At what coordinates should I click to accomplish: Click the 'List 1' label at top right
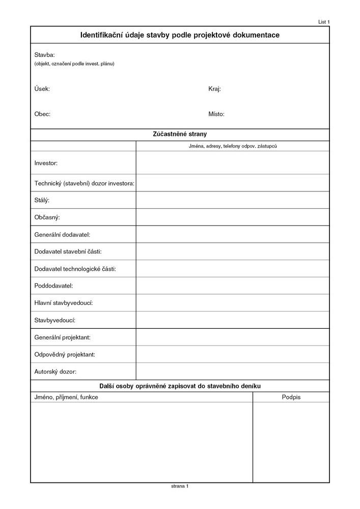tap(324, 22)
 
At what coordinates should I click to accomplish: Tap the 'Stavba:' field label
tap(44, 54)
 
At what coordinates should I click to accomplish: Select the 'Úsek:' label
tap(42, 89)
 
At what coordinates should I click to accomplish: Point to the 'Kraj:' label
tap(214, 89)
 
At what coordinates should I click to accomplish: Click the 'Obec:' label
tap(42, 114)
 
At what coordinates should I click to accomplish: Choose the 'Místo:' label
tap(216, 114)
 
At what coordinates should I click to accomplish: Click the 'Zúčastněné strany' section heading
tap(180, 134)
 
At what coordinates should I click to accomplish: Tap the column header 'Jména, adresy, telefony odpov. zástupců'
tap(232, 146)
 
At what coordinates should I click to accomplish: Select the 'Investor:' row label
tap(46, 163)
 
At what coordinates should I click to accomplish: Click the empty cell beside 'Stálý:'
tap(233, 200)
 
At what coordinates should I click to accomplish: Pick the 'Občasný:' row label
tap(47, 217)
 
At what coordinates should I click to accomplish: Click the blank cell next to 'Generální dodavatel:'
tap(233, 234)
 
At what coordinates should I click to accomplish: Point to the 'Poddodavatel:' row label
tap(53, 286)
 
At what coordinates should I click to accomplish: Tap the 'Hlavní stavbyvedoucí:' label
tap(63, 303)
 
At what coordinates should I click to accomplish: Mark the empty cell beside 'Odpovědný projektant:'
tap(233, 354)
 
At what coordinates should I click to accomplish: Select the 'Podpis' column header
tap(291, 397)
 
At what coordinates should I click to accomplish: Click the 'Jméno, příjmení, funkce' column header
tap(66, 397)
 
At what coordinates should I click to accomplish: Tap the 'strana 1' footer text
tap(180, 487)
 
